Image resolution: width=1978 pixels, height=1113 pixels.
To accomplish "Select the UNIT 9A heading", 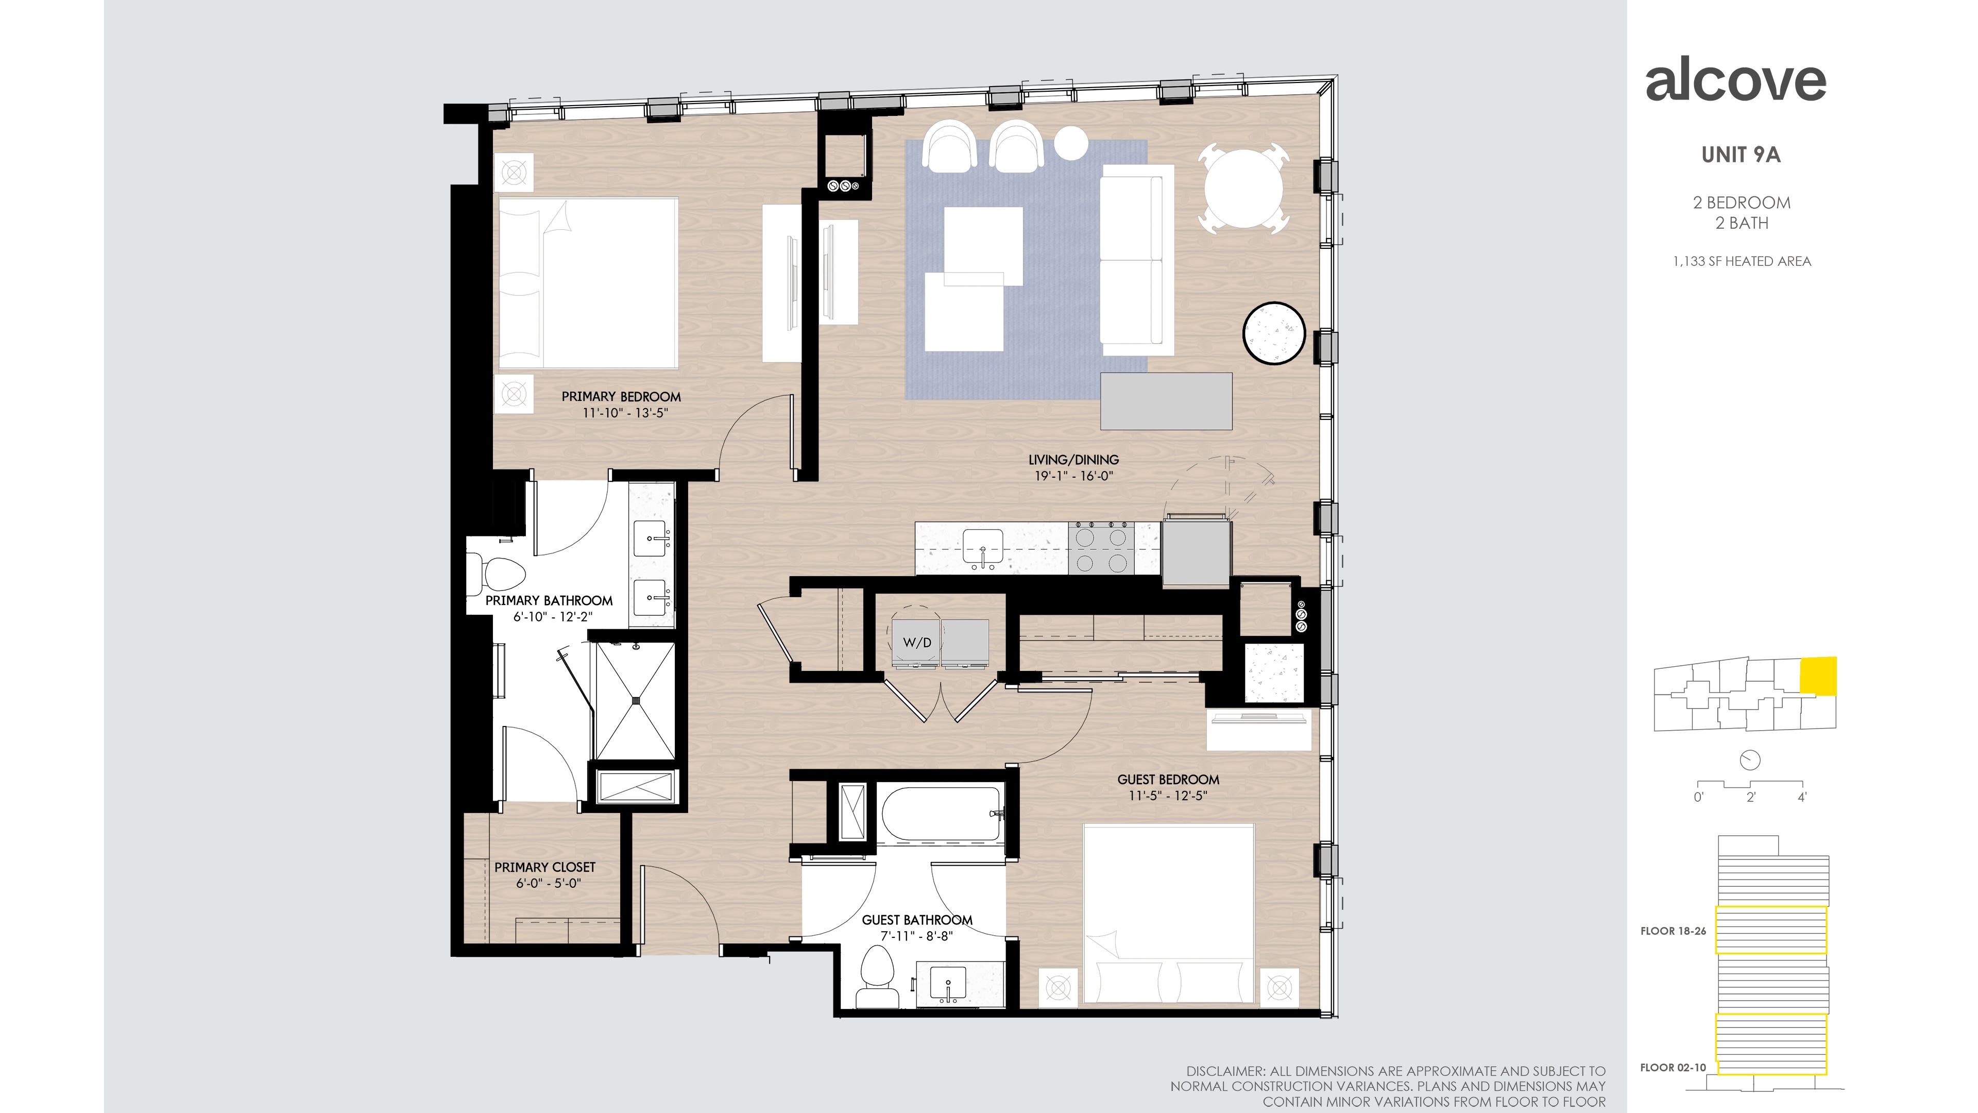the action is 1741,155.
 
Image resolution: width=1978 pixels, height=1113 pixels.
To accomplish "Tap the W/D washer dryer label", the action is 917,642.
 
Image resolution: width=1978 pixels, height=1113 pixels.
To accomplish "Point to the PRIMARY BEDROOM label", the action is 621,396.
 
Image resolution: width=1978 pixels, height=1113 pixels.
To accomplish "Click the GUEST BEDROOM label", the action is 1168,779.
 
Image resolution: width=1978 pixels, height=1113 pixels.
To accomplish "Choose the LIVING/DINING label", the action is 1073,459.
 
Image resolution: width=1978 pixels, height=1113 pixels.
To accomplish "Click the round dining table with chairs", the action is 1243,188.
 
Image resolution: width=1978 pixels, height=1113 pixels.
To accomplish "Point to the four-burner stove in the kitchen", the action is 1101,548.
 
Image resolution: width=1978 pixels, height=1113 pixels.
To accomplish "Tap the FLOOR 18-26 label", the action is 1673,931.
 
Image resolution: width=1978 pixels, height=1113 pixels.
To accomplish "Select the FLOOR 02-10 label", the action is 1673,1068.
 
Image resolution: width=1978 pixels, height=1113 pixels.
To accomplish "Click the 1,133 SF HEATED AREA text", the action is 1742,261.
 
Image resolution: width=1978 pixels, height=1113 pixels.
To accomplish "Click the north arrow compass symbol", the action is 1749,761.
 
